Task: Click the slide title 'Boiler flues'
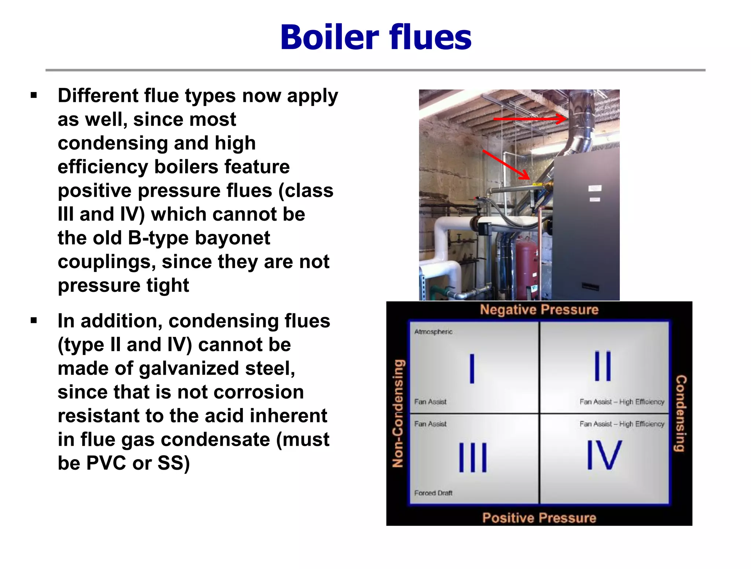pos(375,37)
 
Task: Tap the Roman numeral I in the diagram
pos(472,368)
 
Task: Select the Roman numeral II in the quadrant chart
pos(602,366)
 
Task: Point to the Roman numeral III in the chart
pos(473,457)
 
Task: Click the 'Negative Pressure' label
pos(539,310)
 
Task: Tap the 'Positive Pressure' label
pos(539,518)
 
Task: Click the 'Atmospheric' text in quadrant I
pos(433,332)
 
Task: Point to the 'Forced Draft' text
pos(433,493)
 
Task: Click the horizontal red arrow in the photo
pos(530,119)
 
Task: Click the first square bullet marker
pos(34,96)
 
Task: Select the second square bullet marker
pos(34,321)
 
